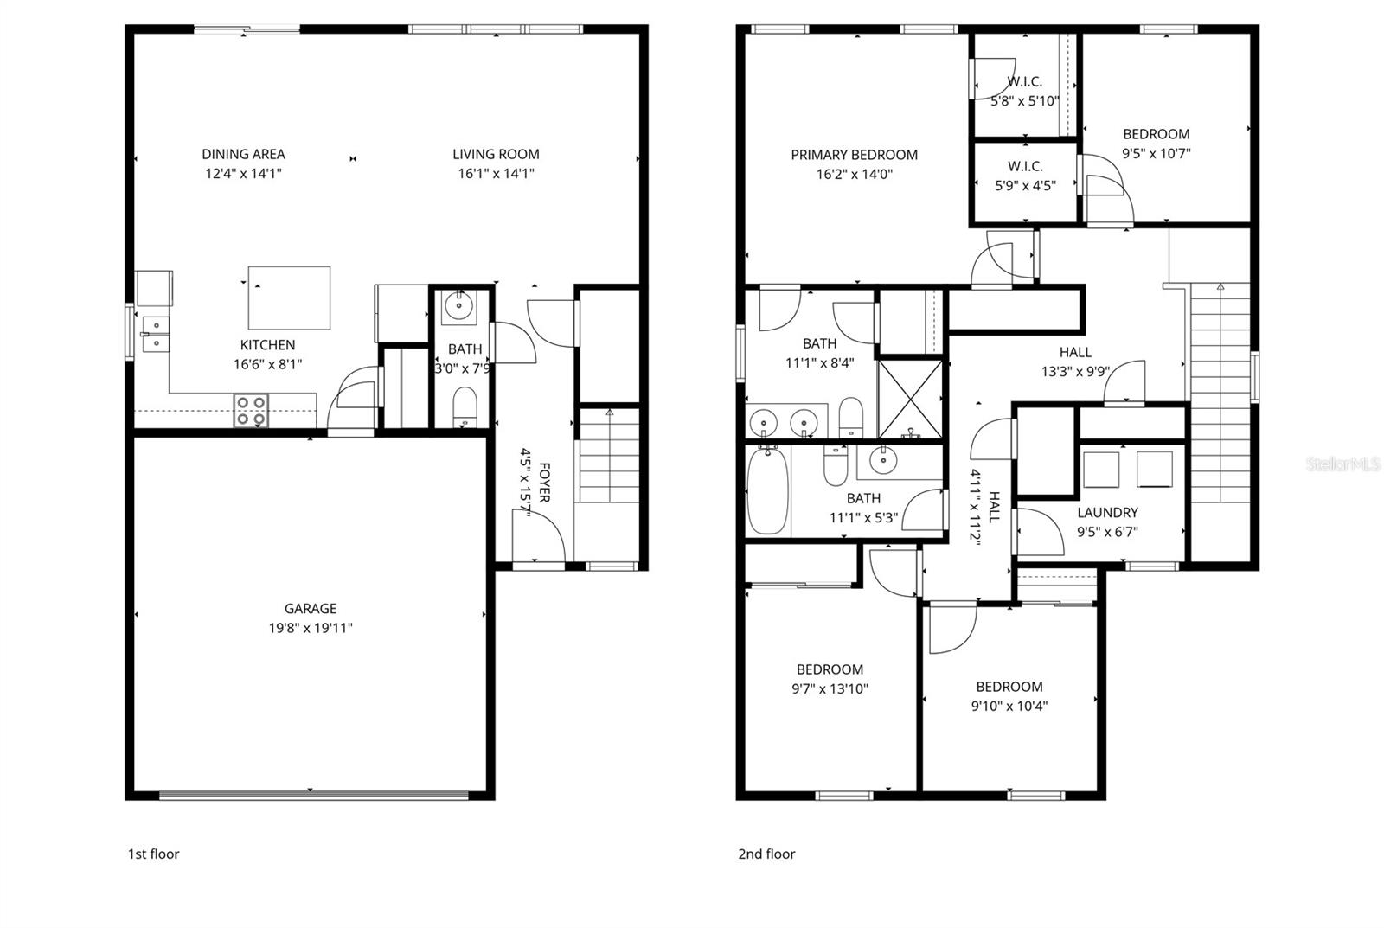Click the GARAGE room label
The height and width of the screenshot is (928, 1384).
310,609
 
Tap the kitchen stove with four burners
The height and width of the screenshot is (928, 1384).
251,410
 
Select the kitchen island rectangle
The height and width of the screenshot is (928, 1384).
289,298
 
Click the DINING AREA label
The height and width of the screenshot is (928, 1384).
243,154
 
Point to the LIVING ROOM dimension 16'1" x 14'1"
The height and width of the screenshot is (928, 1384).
496,173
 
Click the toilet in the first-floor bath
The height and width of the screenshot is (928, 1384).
465,406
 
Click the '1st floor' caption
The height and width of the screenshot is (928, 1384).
153,854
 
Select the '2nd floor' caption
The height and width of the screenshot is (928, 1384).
766,854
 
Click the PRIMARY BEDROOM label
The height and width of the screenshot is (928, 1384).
854,155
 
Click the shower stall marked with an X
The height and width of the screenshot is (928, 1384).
911,398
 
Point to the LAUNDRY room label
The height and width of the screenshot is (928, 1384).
1107,513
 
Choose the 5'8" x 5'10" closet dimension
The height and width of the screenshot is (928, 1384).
1024,100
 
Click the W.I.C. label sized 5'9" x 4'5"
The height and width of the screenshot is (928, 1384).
1025,166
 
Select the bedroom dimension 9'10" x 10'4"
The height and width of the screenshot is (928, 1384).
1009,706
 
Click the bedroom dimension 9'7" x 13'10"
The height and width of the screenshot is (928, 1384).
830,688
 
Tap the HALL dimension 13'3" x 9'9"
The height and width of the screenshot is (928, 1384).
1075,372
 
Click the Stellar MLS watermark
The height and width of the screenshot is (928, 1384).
1342,464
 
